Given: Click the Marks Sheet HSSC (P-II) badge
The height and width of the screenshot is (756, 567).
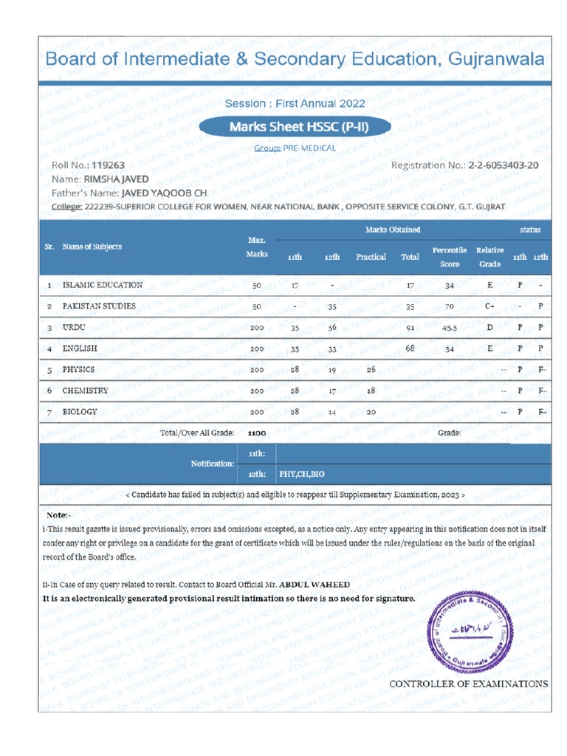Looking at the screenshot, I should [298, 126].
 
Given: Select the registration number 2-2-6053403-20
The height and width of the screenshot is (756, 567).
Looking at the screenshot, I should [503, 165].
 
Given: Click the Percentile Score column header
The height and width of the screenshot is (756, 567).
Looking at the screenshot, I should [449, 257].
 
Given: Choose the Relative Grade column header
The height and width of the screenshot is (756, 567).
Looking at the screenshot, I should [489, 257].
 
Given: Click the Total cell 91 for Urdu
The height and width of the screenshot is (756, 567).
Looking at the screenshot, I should [410, 327].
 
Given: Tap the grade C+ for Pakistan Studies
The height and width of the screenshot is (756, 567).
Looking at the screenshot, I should [489, 306].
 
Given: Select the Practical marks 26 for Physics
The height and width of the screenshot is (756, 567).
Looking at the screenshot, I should [371, 369].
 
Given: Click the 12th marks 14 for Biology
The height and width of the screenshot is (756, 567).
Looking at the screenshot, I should [331, 412].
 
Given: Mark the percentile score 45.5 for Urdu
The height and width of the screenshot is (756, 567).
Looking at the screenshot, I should [449, 327].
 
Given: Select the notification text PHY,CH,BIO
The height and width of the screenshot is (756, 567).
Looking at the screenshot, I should [301, 474].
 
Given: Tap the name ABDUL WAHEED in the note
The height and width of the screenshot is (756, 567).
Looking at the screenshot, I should [309, 584].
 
